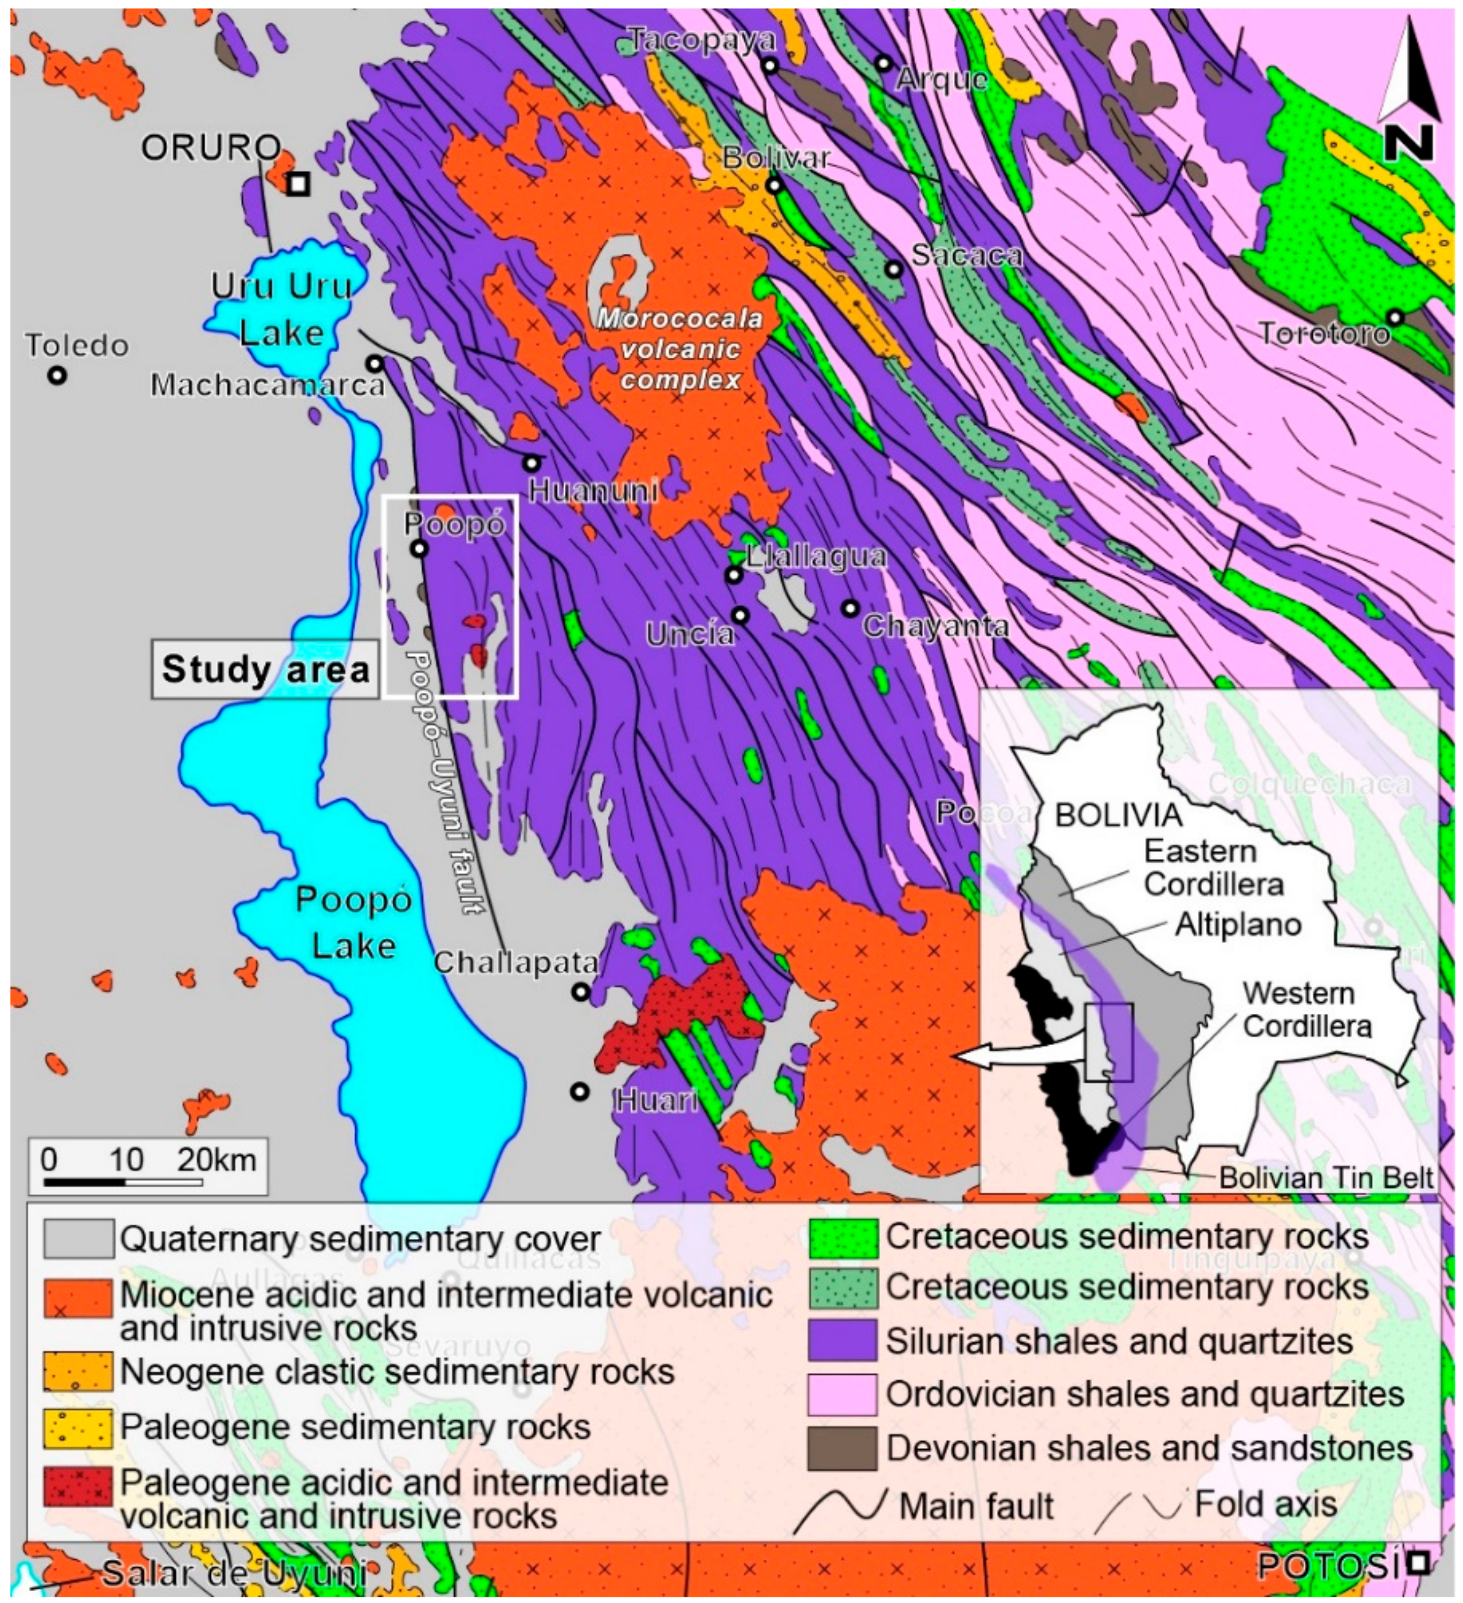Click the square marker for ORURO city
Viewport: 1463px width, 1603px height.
click(297, 184)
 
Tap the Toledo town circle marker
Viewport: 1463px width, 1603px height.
click(56, 375)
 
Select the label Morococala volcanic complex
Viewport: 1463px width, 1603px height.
click(680, 348)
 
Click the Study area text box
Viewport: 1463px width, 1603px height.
click(266, 669)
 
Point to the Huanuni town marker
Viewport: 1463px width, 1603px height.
click(531, 463)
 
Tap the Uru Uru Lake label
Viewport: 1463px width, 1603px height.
click(281, 308)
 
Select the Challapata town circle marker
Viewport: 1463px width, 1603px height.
click(580, 991)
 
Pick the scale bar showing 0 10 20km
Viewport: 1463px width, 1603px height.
click(148, 1166)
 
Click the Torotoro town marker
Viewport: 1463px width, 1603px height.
click(1395, 317)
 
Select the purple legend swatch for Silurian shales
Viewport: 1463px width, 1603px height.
click(843, 1342)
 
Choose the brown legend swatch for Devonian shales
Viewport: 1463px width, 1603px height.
click(843, 1448)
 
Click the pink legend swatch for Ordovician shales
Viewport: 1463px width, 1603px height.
click(843, 1395)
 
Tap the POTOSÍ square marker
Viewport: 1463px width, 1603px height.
click(1418, 1562)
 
